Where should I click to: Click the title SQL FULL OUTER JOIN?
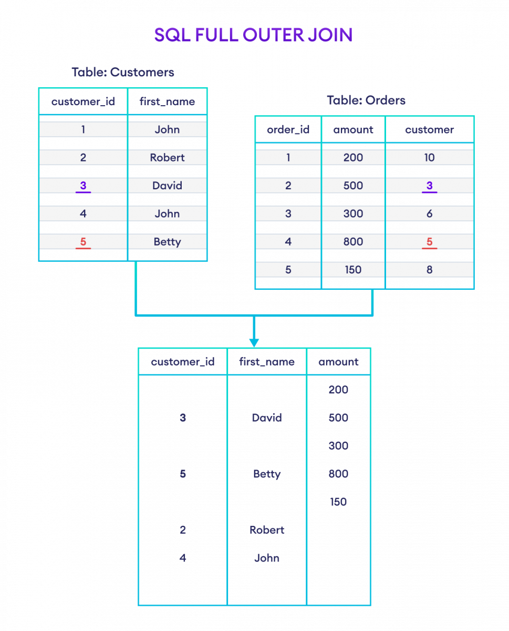coord(253,35)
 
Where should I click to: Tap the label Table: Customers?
coord(123,73)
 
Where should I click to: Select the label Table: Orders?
coord(366,100)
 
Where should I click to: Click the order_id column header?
coord(288,130)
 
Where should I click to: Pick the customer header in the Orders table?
coord(429,130)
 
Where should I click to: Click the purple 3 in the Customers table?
coord(83,186)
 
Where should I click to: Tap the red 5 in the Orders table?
coord(429,242)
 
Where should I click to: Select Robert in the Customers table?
coord(167,158)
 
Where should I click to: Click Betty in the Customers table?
coord(167,242)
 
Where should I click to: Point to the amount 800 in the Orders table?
coord(353,242)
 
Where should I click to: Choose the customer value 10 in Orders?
coord(429,158)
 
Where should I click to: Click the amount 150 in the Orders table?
coord(353,270)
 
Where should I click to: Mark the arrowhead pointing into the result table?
coord(254,343)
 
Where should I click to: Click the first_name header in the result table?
coord(267,362)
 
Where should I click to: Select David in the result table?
coord(267,418)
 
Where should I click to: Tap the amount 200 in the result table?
coord(338,390)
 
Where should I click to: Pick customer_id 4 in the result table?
coord(183,558)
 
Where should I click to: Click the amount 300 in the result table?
coord(338,446)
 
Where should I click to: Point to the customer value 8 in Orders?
coord(429,270)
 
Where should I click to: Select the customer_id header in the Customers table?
coord(83,101)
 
